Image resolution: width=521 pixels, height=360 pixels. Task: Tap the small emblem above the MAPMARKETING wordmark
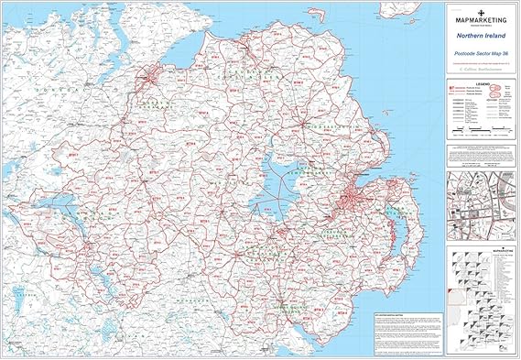(x=481, y=9)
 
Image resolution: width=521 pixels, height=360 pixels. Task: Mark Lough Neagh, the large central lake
(x=275, y=173)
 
